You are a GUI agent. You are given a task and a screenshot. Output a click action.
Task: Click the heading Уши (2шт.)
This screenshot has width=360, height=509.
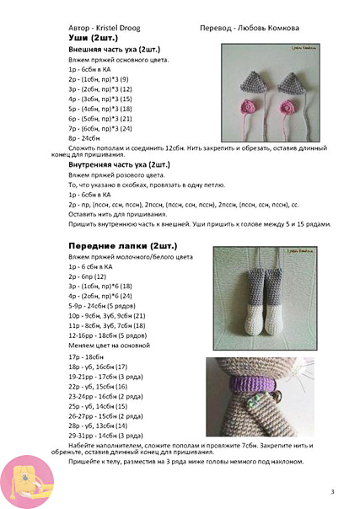pos(93,39)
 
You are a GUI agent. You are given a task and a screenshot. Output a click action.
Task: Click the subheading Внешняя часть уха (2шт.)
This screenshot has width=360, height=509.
pos(115,51)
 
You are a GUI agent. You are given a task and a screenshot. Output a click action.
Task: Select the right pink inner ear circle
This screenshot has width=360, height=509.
pos(287,107)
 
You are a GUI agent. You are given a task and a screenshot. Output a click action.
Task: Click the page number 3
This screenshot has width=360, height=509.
pos(332,491)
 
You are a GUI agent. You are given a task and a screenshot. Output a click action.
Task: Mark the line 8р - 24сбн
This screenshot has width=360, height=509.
pos(87,137)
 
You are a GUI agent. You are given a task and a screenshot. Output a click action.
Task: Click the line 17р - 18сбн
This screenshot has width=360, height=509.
pos(89,357)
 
